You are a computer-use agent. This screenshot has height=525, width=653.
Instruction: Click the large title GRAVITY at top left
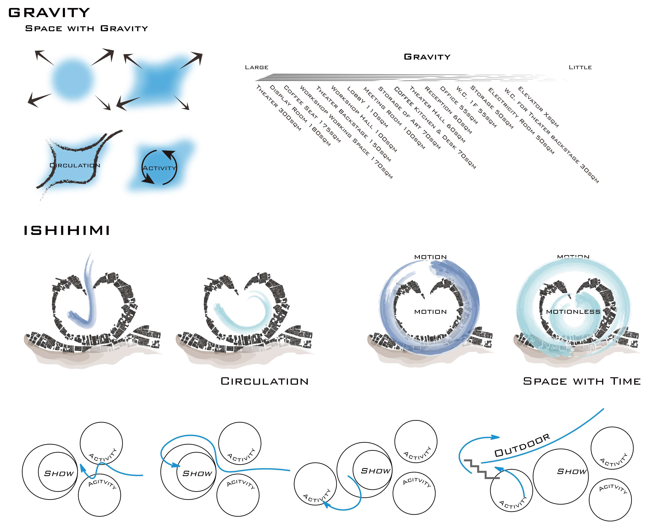point(49,13)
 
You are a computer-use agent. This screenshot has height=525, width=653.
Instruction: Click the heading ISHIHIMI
point(67,231)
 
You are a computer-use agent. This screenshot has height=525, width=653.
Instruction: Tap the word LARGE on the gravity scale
point(257,67)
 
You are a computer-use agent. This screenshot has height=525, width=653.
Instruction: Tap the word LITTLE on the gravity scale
point(580,67)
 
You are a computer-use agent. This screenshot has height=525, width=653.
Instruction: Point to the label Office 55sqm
point(459,105)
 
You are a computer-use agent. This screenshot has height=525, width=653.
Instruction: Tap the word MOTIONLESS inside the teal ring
point(573,312)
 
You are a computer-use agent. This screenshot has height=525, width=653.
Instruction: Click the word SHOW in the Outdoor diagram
point(572,472)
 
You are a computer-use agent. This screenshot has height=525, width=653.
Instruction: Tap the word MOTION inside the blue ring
point(430,312)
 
